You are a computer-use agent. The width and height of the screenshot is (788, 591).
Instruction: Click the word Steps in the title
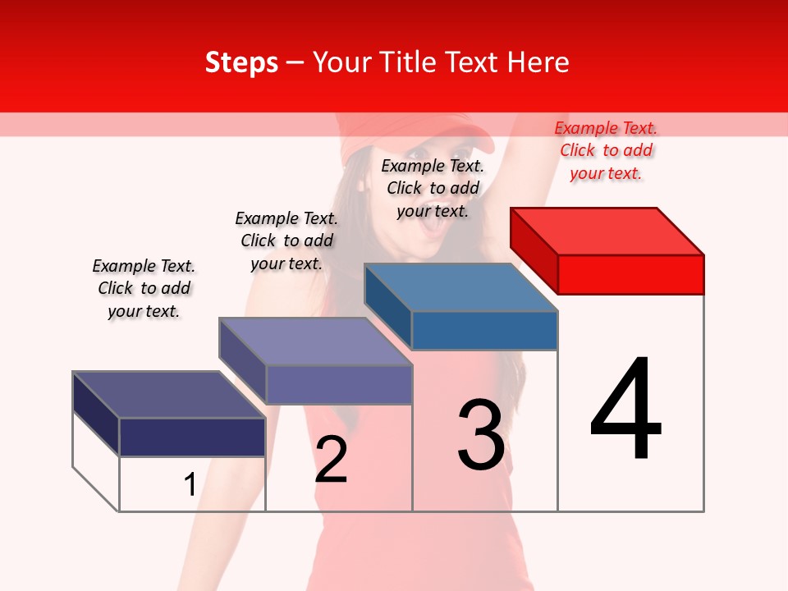click(241, 62)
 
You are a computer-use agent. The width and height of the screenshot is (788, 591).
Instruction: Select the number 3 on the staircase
click(481, 435)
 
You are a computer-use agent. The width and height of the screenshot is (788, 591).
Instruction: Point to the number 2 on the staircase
click(331, 460)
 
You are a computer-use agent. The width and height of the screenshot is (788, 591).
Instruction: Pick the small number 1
click(190, 485)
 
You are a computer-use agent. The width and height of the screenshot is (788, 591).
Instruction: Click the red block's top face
click(607, 231)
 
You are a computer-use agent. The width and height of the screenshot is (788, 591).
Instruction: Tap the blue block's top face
click(461, 287)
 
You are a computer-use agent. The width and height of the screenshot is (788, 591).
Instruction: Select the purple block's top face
click(315, 341)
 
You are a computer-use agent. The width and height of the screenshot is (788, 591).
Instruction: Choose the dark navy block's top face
click(169, 395)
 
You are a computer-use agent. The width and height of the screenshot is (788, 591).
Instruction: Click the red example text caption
click(606, 150)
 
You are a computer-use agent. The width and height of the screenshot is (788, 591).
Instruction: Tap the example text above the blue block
click(433, 188)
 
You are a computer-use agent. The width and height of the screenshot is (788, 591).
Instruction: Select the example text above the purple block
click(286, 241)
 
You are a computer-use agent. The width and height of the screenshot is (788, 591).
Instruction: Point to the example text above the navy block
click(144, 288)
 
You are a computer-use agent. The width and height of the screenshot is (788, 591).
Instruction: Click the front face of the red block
click(630, 274)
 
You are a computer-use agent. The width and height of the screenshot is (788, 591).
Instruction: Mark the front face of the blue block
click(484, 330)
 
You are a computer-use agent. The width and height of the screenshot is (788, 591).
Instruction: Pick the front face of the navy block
click(192, 437)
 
